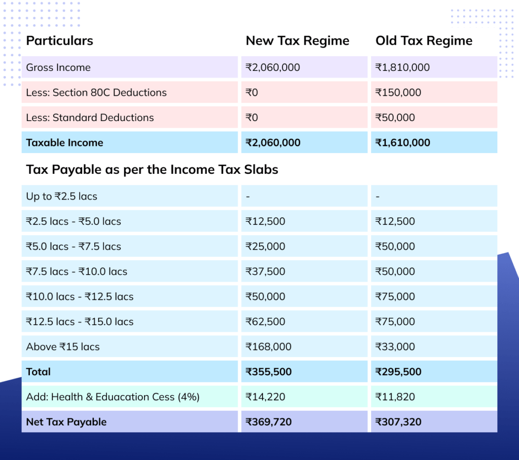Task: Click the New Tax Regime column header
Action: pos(298,41)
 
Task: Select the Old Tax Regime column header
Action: pos(424,41)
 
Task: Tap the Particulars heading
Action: pos(60,41)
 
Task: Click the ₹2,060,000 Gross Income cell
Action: pos(273,67)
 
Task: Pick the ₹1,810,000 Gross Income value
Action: pos(402,67)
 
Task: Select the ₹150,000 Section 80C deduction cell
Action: pos(398,93)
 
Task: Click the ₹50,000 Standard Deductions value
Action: pos(395,118)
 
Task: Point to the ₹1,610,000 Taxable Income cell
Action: pos(402,143)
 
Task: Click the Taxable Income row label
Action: pos(65,143)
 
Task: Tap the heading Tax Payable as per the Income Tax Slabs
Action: pos(152,169)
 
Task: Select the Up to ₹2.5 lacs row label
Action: pos(62,196)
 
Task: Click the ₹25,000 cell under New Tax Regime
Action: pos(266,247)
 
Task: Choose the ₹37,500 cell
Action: pos(266,272)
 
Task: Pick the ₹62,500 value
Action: pos(266,322)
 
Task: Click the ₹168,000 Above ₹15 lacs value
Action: pos(269,347)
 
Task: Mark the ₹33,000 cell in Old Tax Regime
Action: pos(395,347)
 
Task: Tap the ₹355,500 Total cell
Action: pos(269,372)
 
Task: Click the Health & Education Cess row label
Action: pos(113,397)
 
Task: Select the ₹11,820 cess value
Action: pos(395,397)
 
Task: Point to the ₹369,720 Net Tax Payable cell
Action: pos(269,422)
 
